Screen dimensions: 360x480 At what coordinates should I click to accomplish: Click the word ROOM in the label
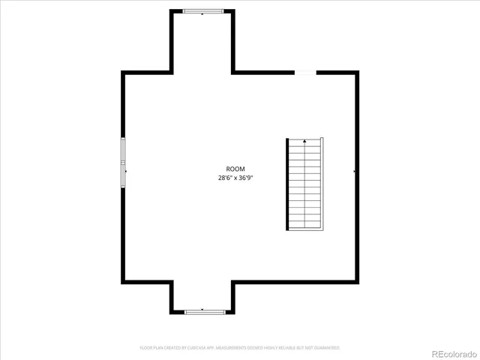click(235, 169)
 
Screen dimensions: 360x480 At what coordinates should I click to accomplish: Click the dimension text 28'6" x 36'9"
click(235, 178)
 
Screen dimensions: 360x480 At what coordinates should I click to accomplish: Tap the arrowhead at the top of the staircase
click(304, 140)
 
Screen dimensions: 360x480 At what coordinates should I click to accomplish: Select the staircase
click(304, 184)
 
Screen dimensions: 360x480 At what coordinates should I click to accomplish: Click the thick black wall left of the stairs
click(287, 184)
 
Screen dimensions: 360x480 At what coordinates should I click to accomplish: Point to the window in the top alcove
click(203, 11)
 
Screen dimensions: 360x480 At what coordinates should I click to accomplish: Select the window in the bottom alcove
click(203, 310)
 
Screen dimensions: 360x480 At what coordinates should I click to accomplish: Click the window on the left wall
click(124, 161)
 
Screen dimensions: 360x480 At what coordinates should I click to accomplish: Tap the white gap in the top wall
click(304, 72)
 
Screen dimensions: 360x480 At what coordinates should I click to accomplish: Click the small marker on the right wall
click(354, 172)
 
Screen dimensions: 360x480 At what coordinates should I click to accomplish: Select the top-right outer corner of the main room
click(356, 72)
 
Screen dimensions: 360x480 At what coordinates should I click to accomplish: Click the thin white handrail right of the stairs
click(322, 184)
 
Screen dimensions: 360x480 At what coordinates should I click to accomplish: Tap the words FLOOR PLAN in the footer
click(150, 348)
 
